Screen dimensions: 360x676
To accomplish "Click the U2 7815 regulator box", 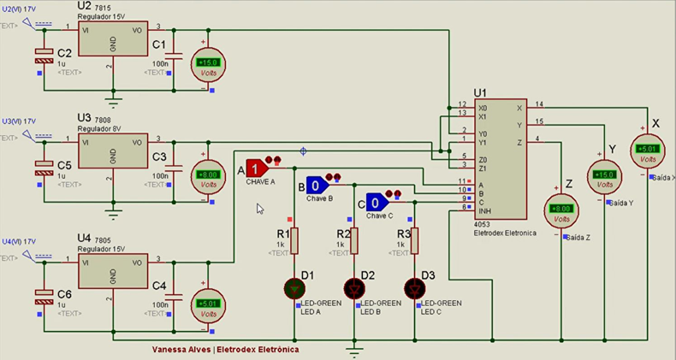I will click(x=112, y=40).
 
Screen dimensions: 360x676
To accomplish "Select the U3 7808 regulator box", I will click(x=112, y=151).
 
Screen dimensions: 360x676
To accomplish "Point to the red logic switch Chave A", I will click(x=256, y=169).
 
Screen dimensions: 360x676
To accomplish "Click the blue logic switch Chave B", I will click(x=315, y=186).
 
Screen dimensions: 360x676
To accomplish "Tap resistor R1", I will click(x=294, y=242).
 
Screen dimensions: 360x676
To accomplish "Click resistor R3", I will click(x=414, y=242).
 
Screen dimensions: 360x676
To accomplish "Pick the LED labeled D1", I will click(x=294, y=288).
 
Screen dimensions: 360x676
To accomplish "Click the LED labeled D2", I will click(x=353, y=288).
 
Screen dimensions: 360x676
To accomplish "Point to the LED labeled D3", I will click(x=414, y=288).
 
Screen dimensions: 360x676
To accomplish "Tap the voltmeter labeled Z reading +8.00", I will click(x=561, y=210).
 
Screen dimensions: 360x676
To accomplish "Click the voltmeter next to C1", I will click(x=208, y=63).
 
